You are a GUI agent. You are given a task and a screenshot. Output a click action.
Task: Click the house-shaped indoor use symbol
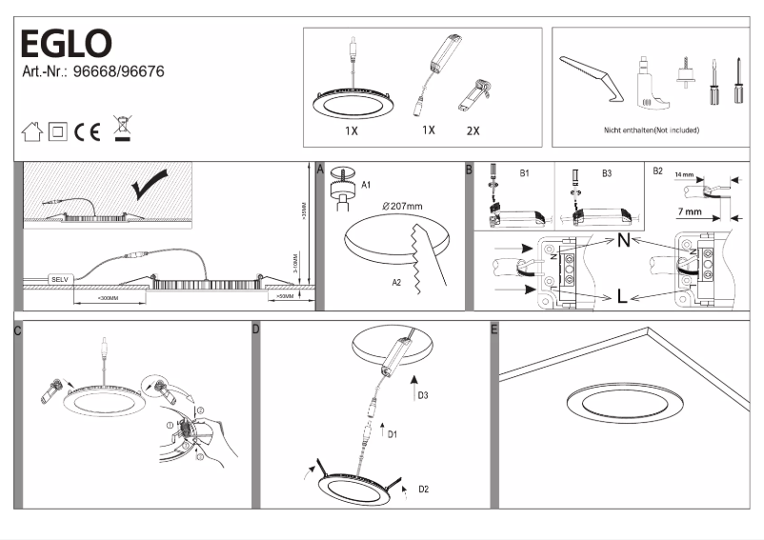pos(31,131)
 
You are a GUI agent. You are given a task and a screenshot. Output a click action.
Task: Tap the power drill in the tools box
pos(648,80)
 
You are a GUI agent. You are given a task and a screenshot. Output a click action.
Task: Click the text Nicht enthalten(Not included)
pos(652,130)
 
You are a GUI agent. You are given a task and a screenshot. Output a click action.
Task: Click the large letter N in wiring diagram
pos(622,241)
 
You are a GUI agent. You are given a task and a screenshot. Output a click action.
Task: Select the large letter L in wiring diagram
pos(621,297)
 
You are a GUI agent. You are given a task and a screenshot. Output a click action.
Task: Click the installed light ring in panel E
pos(620,402)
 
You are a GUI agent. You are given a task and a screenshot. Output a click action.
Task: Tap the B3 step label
pos(607,174)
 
